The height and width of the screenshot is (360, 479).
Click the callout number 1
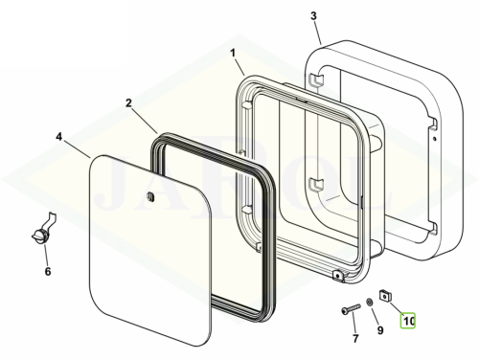click(x=233, y=53)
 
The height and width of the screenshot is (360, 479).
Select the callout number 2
click(x=128, y=103)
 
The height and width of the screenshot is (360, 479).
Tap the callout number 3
click(x=313, y=15)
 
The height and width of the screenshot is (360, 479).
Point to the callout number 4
click(x=59, y=137)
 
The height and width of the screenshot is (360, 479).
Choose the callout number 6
click(x=48, y=272)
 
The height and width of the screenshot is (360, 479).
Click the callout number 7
click(x=355, y=338)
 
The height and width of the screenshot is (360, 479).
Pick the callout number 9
click(x=380, y=330)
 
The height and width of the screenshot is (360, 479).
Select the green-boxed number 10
click(x=408, y=321)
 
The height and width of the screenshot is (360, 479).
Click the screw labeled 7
click(x=351, y=309)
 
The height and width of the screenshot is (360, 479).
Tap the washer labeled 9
click(x=369, y=301)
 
